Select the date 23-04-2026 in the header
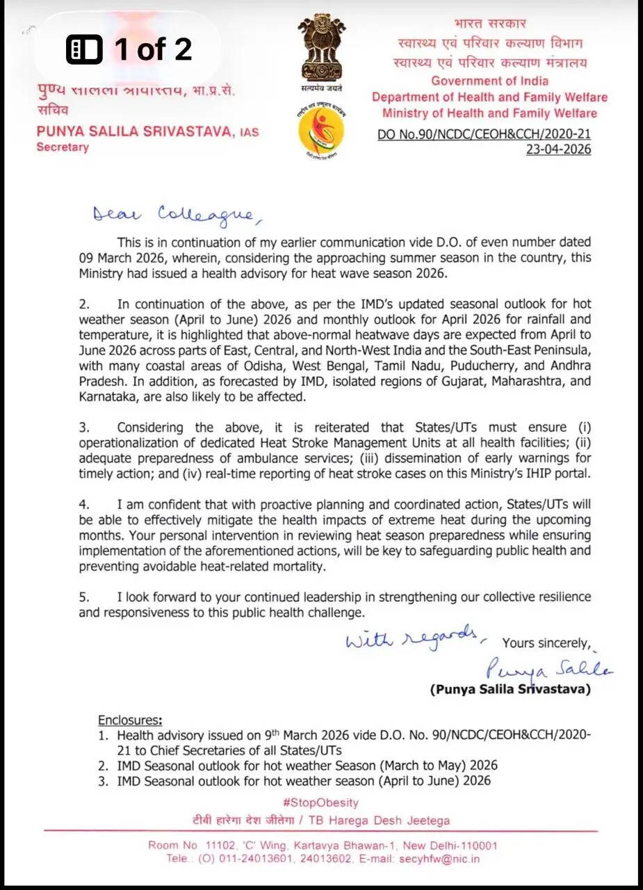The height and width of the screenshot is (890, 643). [x=558, y=149]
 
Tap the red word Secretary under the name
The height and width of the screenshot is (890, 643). [x=63, y=147]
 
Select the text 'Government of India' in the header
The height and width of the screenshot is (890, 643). [x=489, y=81]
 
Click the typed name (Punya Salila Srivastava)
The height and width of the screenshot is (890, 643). [x=510, y=690]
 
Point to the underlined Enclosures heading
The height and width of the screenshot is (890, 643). [x=131, y=720]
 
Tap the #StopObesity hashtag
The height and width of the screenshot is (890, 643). [x=320, y=802]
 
